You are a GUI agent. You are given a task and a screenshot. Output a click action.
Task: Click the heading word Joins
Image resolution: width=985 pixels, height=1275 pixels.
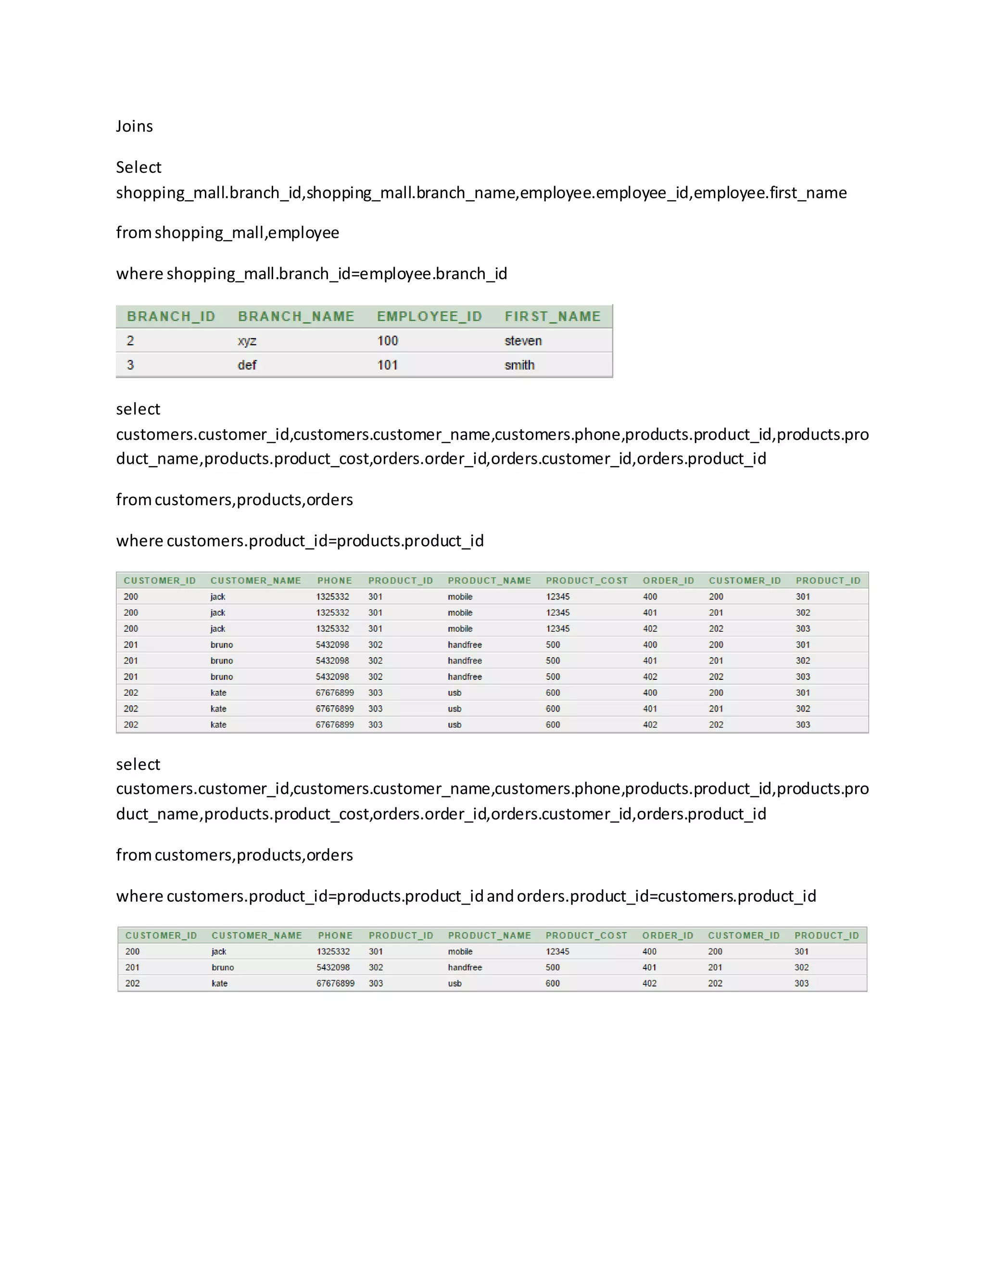point(134,126)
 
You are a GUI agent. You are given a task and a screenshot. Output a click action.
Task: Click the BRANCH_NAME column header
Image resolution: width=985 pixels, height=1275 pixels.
point(296,317)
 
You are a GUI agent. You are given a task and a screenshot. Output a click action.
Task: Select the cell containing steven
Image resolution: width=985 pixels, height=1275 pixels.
point(523,341)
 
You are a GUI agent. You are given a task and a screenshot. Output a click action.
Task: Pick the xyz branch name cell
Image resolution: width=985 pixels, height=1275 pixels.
point(247,341)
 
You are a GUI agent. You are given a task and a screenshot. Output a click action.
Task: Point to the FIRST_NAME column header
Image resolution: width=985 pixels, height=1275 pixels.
point(553,317)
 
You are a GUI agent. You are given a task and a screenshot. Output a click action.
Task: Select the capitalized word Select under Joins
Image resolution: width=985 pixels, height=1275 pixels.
point(139,167)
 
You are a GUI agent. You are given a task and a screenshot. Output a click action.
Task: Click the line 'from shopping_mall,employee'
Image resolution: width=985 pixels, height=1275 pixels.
point(227,233)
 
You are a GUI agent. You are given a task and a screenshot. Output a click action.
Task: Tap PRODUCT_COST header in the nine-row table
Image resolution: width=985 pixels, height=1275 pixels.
point(586,580)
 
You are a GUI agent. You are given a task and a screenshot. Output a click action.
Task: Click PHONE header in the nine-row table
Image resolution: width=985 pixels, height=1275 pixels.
point(334,580)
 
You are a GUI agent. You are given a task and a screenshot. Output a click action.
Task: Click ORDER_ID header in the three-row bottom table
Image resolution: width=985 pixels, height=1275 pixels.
point(668,935)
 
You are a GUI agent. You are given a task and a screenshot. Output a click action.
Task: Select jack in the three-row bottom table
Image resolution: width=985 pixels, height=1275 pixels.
point(219,952)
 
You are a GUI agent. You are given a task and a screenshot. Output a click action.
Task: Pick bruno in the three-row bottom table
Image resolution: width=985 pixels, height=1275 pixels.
point(222,968)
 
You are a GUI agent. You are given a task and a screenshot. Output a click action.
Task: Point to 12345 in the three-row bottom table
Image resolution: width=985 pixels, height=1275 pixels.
point(557,952)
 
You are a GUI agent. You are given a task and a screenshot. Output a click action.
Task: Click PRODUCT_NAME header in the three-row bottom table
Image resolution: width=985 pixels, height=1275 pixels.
point(489,935)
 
